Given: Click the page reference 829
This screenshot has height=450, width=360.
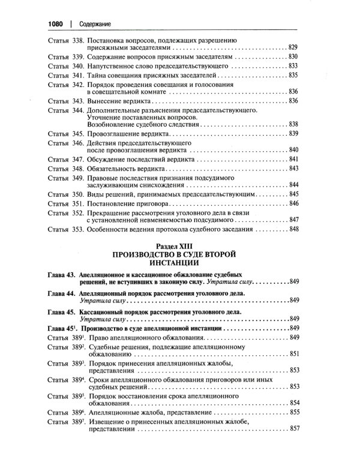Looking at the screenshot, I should coord(293,46).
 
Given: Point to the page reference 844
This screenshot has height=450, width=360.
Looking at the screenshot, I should coord(293,185).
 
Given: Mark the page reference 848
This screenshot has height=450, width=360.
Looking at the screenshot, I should coord(293,229).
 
